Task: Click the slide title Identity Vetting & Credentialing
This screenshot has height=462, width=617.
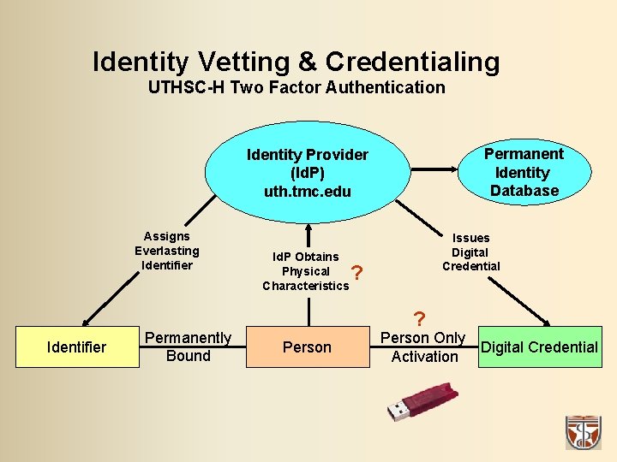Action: click(x=296, y=62)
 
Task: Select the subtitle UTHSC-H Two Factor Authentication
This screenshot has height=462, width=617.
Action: click(x=297, y=87)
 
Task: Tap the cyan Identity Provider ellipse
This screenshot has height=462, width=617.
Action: click(x=307, y=172)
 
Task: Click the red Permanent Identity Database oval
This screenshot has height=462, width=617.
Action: click(x=524, y=172)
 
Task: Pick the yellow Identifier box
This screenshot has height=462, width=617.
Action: click(x=77, y=346)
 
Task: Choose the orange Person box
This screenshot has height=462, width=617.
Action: click(x=307, y=346)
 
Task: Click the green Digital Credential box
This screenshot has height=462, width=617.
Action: click(x=539, y=346)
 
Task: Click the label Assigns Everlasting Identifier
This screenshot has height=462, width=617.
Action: click(x=167, y=251)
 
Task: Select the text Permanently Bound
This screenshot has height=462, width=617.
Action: click(x=188, y=346)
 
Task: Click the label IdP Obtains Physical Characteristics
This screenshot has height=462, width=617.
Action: click(x=306, y=271)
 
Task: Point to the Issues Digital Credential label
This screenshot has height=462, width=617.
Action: click(x=470, y=252)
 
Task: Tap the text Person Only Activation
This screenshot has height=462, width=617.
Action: click(x=423, y=347)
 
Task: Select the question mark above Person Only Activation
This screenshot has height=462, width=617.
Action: click(x=419, y=319)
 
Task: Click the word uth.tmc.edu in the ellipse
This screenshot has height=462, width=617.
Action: click(x=308, y=191)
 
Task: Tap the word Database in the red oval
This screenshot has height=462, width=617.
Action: click(x=524, y=190)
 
